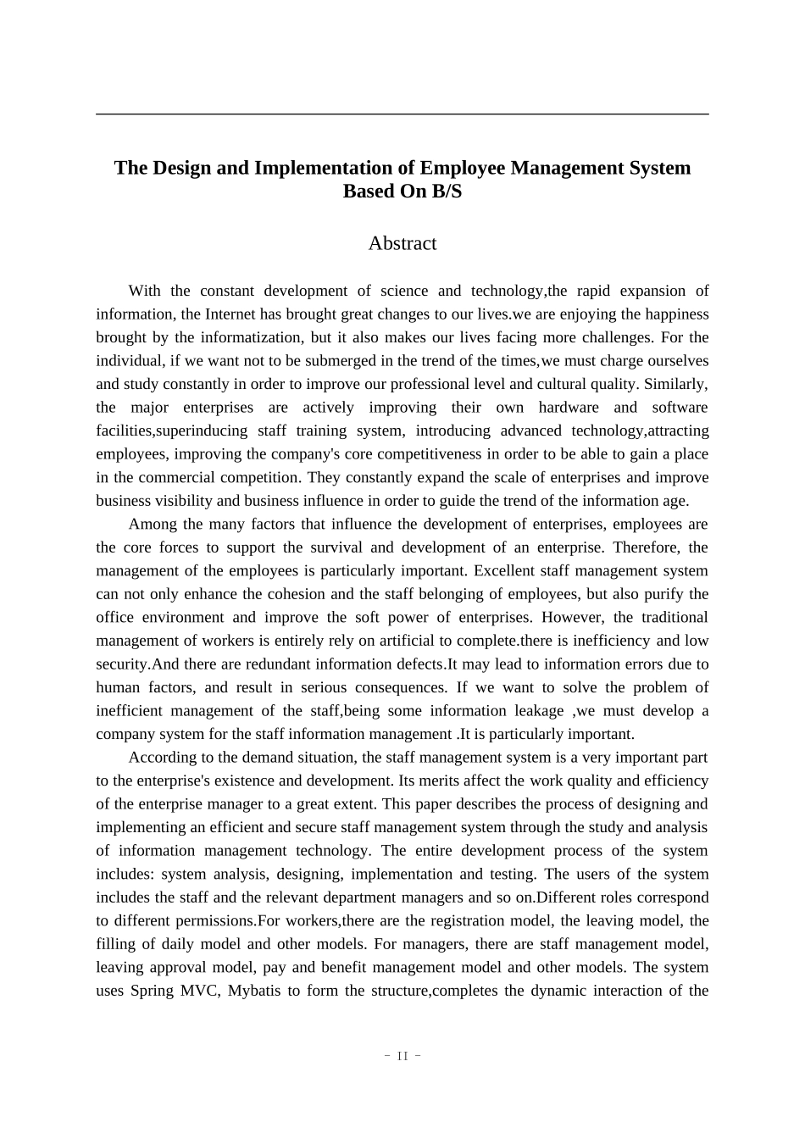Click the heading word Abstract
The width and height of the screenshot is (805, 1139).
click(402, 243)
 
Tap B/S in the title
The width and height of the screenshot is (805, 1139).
click(447, 192)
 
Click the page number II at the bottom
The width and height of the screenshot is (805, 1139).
click(402, 1056)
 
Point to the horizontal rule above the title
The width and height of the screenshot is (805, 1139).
click(402, 114)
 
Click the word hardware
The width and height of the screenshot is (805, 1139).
click(569, 408)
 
